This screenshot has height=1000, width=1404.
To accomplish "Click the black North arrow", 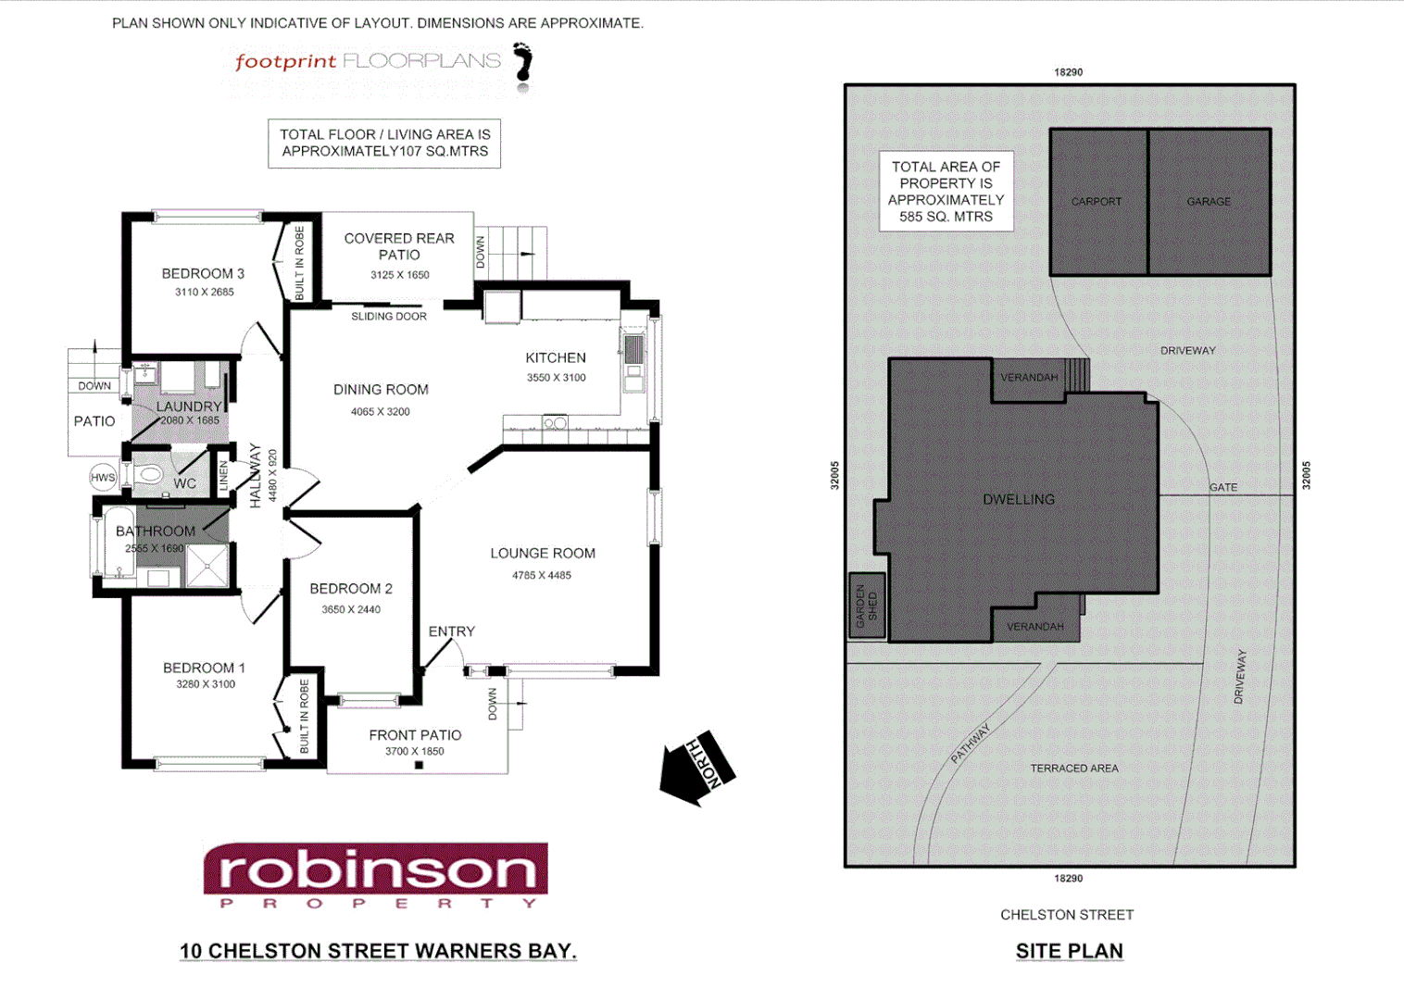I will coord(696,768).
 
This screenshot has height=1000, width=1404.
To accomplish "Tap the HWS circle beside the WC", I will coord(103,478).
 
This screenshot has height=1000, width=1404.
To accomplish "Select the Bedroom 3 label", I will coord(203,273).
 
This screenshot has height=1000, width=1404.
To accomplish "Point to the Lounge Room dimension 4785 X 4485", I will coord(542,575).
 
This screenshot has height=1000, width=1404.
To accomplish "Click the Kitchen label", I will coord(556,357).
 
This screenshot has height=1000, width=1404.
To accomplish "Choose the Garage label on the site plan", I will coord(1209,201).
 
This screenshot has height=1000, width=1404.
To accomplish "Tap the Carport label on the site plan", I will coord(1097,201).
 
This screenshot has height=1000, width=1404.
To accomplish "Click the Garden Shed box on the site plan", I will coord(867,606).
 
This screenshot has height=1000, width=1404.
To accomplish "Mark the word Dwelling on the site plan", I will coord(1019,499).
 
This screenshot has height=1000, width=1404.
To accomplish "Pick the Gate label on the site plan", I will coord(1222,487).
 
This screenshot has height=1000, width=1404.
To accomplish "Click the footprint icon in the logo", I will coord(524,67).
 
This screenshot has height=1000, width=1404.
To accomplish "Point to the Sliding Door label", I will coord(389,317).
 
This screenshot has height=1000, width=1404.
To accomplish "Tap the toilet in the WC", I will coord(149,476).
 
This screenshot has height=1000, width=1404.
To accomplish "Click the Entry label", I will coord(452,631).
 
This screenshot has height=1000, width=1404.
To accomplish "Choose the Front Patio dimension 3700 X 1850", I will coord(415,751).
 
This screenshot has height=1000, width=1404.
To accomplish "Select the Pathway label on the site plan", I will coord(971,743).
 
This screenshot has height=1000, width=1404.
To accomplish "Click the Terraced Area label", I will coord(1074,768).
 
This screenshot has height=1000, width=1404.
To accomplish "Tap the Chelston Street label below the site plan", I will coord(1067,915).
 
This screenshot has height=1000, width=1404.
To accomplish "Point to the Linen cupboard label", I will coord(223,476).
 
